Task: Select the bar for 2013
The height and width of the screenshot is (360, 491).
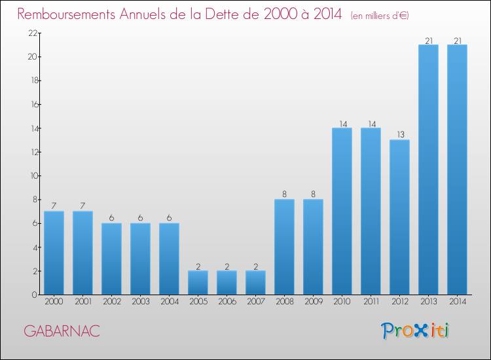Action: point(428,170)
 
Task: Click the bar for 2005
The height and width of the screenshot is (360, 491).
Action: point(198,283)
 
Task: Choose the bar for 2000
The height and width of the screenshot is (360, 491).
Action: point(54,253)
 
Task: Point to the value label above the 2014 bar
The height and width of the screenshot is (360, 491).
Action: point(457,41)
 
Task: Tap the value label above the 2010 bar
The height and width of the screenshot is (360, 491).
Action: point(342,124)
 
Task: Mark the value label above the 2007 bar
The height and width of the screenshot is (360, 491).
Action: point(255,266)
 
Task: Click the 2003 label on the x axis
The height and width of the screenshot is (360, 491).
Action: point(140,302)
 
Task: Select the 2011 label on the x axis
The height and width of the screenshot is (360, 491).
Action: point(371,302)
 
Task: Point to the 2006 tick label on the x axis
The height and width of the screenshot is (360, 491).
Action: point(227,302)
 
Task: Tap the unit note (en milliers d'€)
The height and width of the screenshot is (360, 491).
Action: point(380,15)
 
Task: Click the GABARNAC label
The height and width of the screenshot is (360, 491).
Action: point(62,331)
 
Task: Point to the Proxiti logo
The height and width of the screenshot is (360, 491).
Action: point(416,331)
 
